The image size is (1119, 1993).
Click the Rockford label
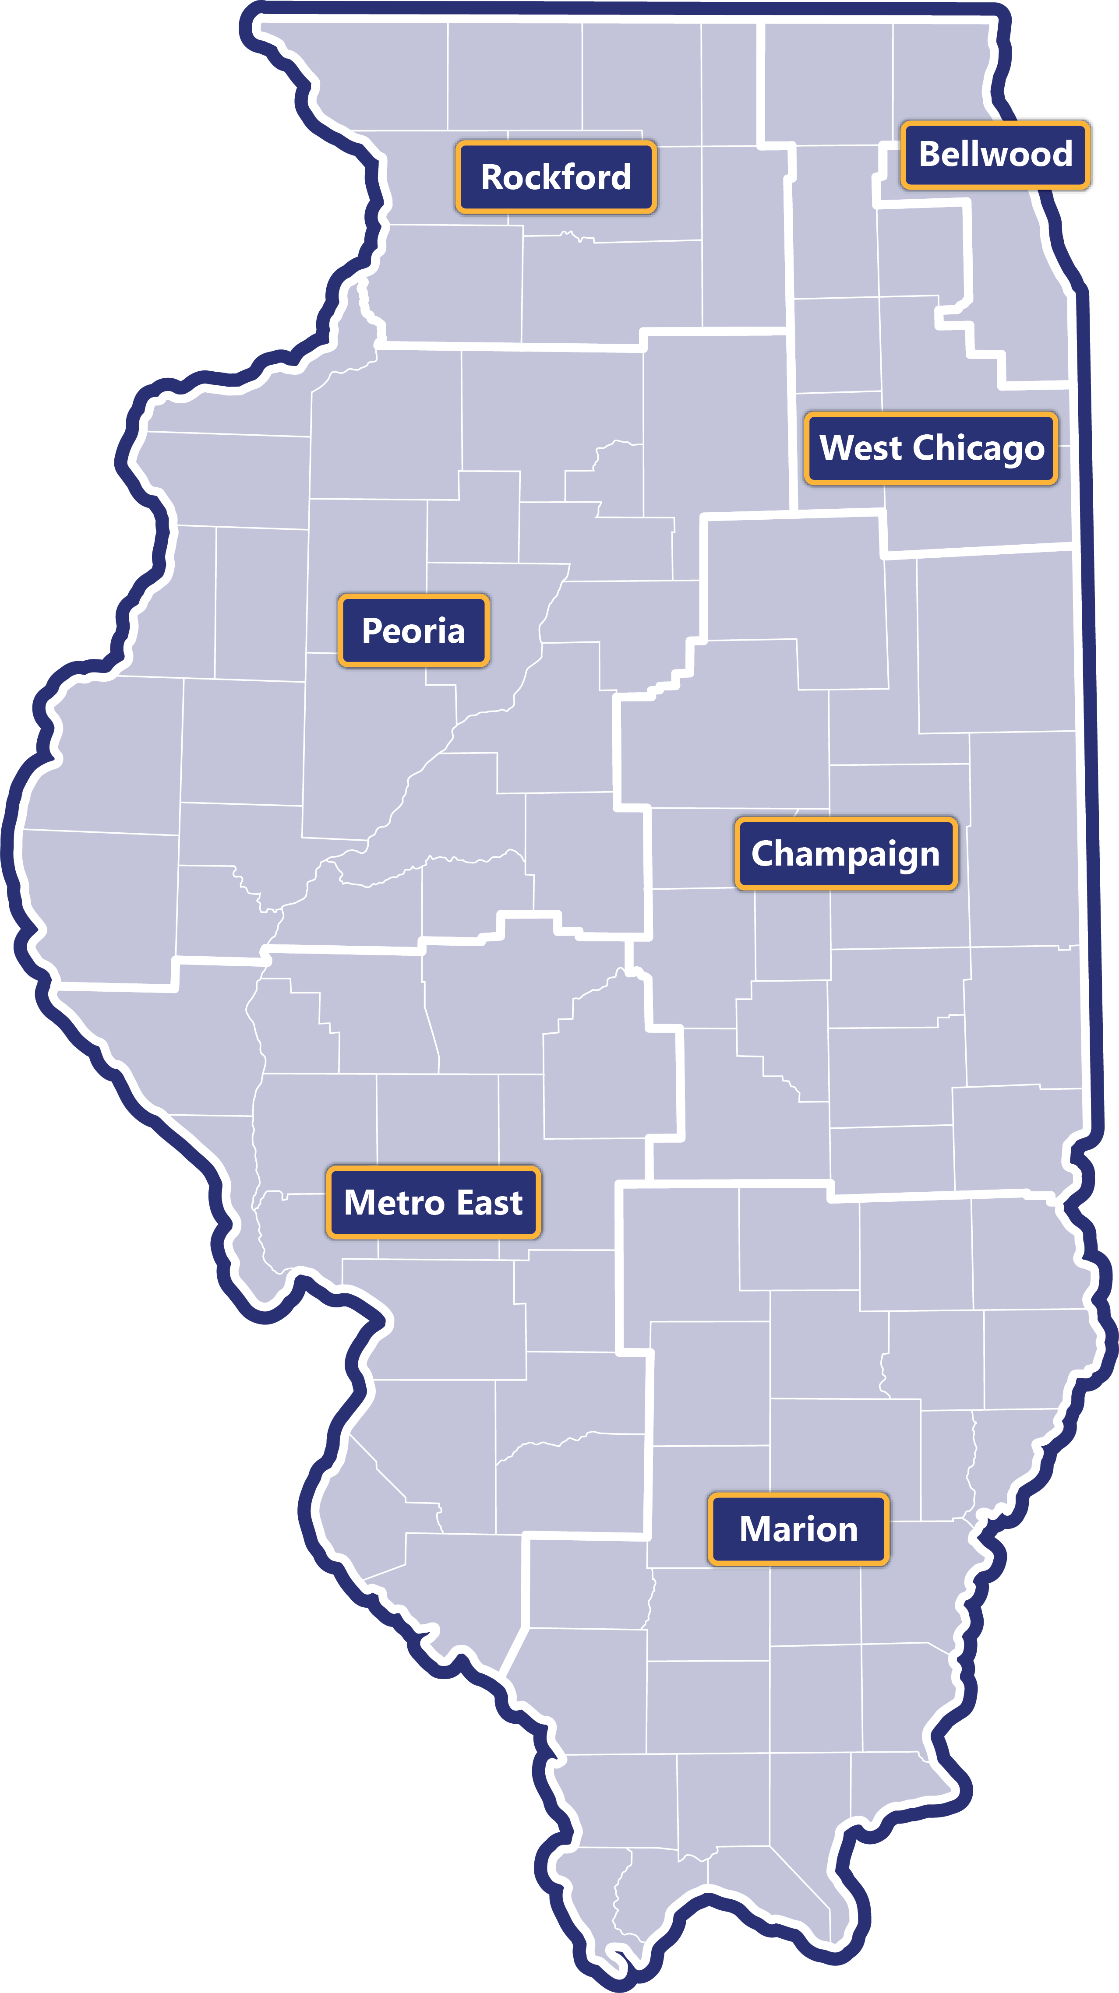(556, 177)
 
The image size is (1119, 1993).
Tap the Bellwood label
(995, 154)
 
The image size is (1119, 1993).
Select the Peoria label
(414, 630)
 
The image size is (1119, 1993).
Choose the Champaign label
(846, 853)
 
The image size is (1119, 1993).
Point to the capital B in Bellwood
(928, 154)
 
